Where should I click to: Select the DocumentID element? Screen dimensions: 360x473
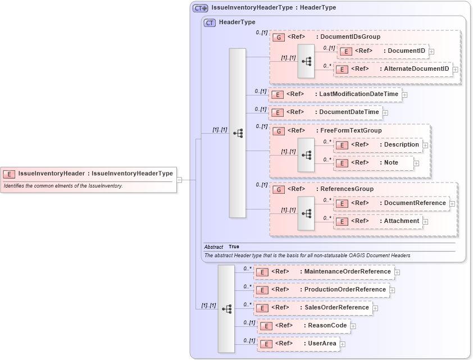[x=383, y=51]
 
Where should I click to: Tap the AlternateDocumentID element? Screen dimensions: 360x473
[x=393, y=69]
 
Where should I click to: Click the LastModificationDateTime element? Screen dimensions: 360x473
[x=335, y=94]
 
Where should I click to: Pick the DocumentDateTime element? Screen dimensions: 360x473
[x=326, y=112]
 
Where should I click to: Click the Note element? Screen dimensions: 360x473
[x=374, y=163]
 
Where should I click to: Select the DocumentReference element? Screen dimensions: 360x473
[x=391, y=203]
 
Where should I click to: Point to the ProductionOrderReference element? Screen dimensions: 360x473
[x=321, y=290]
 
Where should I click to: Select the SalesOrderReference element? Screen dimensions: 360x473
[x=313, y=308]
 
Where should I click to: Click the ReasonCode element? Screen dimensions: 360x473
[x=304, y=326]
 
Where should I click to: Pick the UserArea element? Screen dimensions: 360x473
[x=298, y=344]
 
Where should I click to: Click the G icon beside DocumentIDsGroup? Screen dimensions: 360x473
[x=279, y=37]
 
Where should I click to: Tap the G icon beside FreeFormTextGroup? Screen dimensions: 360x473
[x=279, y=131]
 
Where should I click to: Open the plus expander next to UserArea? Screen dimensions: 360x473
[x=342, y=344]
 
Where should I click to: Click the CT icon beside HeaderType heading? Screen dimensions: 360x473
[x=210, y=22]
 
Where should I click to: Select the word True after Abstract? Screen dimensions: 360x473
[x=234, y=247]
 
